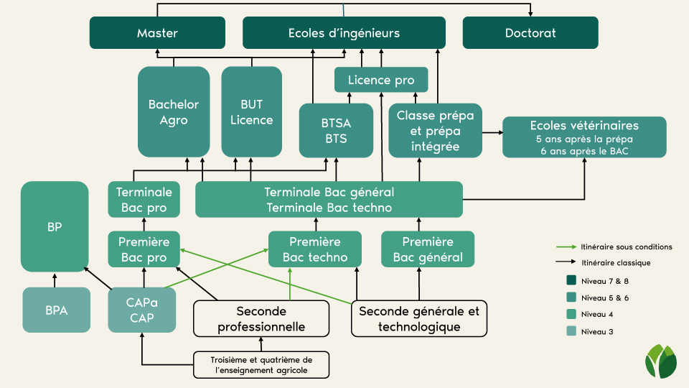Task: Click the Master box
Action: (x=157, y=32)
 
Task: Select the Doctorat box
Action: (x=530, y=32)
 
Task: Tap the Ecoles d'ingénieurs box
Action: (x=344, y=32)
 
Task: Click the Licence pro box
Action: (x=381, y=80)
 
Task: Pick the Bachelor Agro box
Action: (x=174, y=112)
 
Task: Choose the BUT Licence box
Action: (x=251, y=112)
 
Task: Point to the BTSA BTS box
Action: (x=336, y=130)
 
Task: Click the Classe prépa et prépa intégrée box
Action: (x=435, y=130)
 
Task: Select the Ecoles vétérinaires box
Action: (x=584, y=137)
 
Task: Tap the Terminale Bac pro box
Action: (x=144, y=199)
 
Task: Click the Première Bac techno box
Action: (x=315, y=249)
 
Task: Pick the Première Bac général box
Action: (x=428, y=249)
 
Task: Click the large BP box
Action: (x=55, y=226)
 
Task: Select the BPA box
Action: (x=56, y=310)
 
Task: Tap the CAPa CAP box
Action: (x=142, y=310)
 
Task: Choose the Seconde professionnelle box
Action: (x=261, y=318)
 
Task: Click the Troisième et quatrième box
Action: (x=261, y=365)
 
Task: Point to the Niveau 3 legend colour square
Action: (x=571, y=331)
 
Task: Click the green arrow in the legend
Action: (x=566, y=246)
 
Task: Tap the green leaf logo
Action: (x=660, y=361)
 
